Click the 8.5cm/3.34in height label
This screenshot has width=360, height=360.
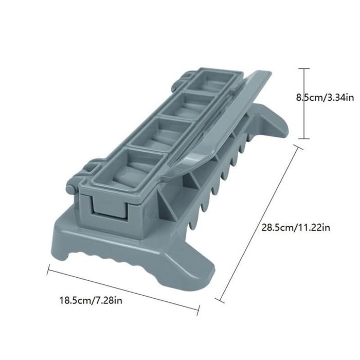tap(325, 98)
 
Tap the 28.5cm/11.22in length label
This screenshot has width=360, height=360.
tap(296, 227)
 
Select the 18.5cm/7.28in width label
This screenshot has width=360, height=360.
tap(91, 300)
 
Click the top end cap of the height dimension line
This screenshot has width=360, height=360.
tap(304, 68)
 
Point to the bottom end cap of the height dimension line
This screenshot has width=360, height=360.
tap(304, 138)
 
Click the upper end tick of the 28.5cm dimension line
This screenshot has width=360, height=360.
tap(298, 147)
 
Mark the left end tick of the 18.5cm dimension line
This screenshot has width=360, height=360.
tap(48, 269)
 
